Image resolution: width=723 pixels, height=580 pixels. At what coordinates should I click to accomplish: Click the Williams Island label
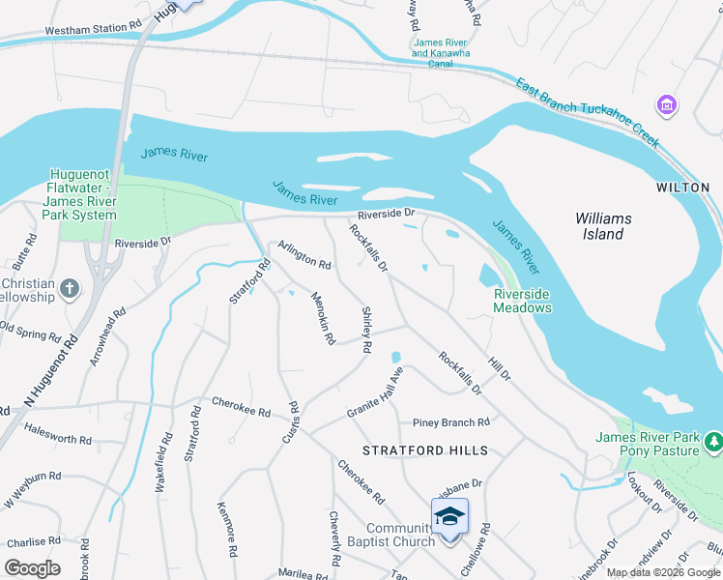(x=603, y=226)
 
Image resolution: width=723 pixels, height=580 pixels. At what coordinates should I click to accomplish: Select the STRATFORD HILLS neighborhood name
(x=425, y=450)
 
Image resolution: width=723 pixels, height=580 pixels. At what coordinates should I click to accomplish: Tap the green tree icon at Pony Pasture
(x=714, y=443)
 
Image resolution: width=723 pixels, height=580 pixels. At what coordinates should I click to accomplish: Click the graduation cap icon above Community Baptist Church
(x=449, y=516)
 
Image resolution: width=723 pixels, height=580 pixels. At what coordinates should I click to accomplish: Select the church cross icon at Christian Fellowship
(x=69, y=288)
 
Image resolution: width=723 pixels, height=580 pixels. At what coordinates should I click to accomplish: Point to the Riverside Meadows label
(x=522, y=301)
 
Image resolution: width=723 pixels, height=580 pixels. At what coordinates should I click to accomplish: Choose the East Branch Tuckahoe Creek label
(x=588, y=112)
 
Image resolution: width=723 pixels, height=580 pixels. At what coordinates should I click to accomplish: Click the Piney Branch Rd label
(x=450, y=422)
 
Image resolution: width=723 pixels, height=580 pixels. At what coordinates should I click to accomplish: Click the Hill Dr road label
(x=500, y=367)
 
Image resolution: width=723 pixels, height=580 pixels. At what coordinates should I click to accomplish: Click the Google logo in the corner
(x=32, y=568)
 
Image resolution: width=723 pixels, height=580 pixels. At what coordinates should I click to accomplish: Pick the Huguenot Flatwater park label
(x=82, y=194)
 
